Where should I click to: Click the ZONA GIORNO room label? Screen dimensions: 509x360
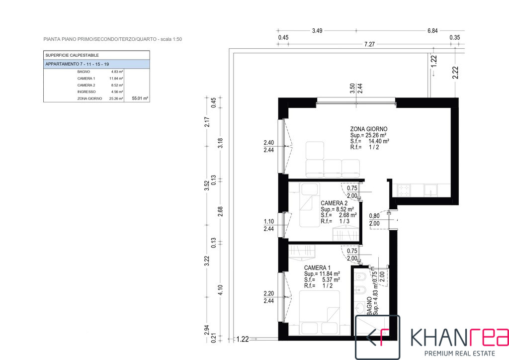coord(368,129)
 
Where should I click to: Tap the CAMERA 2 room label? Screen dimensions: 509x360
coord(334,203)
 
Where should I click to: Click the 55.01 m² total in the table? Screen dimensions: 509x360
coord(140,98)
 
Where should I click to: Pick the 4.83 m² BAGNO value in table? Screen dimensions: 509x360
coord(117,72)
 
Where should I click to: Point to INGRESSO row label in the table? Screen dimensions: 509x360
coord(86,92)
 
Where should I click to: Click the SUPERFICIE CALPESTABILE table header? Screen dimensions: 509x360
coord(72,55)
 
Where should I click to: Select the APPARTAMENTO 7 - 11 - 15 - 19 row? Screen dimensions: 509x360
coord(97,64)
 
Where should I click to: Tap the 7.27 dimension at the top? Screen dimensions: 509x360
coord(369,44)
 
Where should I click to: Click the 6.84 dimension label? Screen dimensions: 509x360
coord(432,31)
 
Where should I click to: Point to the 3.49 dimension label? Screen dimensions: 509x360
coord(317,31)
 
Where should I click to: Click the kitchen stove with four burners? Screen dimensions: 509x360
coord(404,190)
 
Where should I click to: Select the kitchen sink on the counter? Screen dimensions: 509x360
coord(430,190)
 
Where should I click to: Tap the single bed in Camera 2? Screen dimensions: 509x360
coord(309,204)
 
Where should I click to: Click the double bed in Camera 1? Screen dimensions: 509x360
coord(320,313)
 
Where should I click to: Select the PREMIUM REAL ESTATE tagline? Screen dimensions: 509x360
coord(460,353)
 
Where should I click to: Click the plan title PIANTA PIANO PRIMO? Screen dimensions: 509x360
coord(68,39)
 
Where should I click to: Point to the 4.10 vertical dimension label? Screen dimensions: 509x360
coord(220,290)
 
